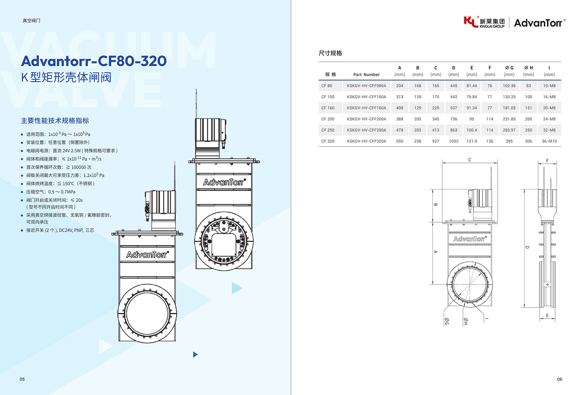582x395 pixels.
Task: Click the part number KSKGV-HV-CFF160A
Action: tap(366, 108)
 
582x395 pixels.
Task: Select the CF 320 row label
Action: tap(328, 141)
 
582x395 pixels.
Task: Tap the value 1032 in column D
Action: tap(454, 141)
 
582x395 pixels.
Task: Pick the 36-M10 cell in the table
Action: tap(549, 141)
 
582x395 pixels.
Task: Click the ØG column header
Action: tap(509, 68)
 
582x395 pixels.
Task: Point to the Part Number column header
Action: tap(366, 75)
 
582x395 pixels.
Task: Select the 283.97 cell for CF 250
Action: tap(509, 130)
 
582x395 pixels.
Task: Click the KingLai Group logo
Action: tap(484, 22)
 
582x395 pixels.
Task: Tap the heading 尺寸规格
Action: tap(330, 53)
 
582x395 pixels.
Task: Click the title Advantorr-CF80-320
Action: tap(94, 61)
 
